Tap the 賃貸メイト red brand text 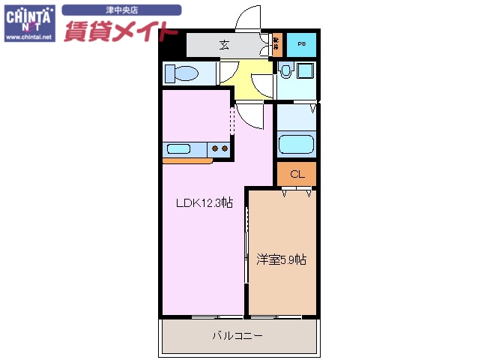[x=121, y=31]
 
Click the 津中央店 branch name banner [x=121, y=10]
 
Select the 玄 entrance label [x=224, y=45]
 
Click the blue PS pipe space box [x=302, y=45]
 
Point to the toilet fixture [x=181, y=73]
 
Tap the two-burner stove [x=220, y=148]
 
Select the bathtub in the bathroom [x=295, y=143]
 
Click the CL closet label [x=296, y=174]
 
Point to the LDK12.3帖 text [x=204, y=202]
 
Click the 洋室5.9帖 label [x=282, y=259]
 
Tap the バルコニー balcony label [x=237, y=336]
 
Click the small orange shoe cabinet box [x=276, y=45]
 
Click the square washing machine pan [x=303, y=73]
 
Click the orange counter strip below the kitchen [x=187, y=160]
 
